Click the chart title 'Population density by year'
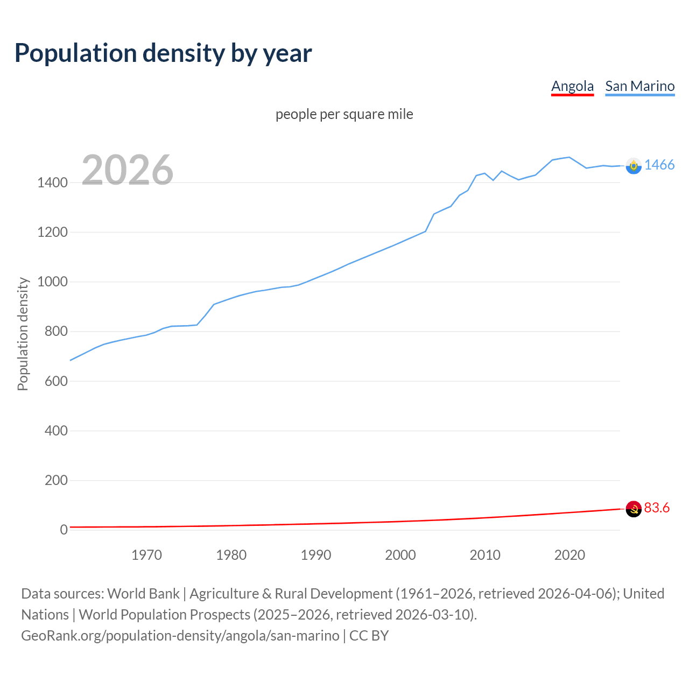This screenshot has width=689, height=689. (x=163, y=53)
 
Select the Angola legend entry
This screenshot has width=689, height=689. (x=572, y=86)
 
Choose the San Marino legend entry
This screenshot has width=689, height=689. (x=639, y=86)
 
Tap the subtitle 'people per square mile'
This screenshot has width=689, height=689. (x=344, y=114)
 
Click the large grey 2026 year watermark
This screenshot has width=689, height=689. (x=128, y=170)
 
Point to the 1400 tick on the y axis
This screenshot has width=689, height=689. (x=52, y=182)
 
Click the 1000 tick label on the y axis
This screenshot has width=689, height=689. (x=52, y=282)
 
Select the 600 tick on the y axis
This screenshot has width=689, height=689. (x=56, y=381)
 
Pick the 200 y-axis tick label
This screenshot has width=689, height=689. (x=56, y=480)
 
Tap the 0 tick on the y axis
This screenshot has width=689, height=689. (x=64, y=530)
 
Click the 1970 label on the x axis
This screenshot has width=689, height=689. (x=146, y=555)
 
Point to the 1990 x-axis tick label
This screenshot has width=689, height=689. (x=316, y=555)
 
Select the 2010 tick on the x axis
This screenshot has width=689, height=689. (x=485, y=555)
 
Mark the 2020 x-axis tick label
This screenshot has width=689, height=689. (x=570, y=555)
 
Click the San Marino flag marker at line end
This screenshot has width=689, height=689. (x=634, y=166)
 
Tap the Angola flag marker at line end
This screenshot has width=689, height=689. (x=634, y=509)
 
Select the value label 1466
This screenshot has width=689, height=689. (x=659, y=165)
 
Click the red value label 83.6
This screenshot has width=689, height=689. (x=657, y=508)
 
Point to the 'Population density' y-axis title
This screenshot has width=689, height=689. (x=23, y=334)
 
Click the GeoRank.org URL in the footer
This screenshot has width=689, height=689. (x=180, y=636)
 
